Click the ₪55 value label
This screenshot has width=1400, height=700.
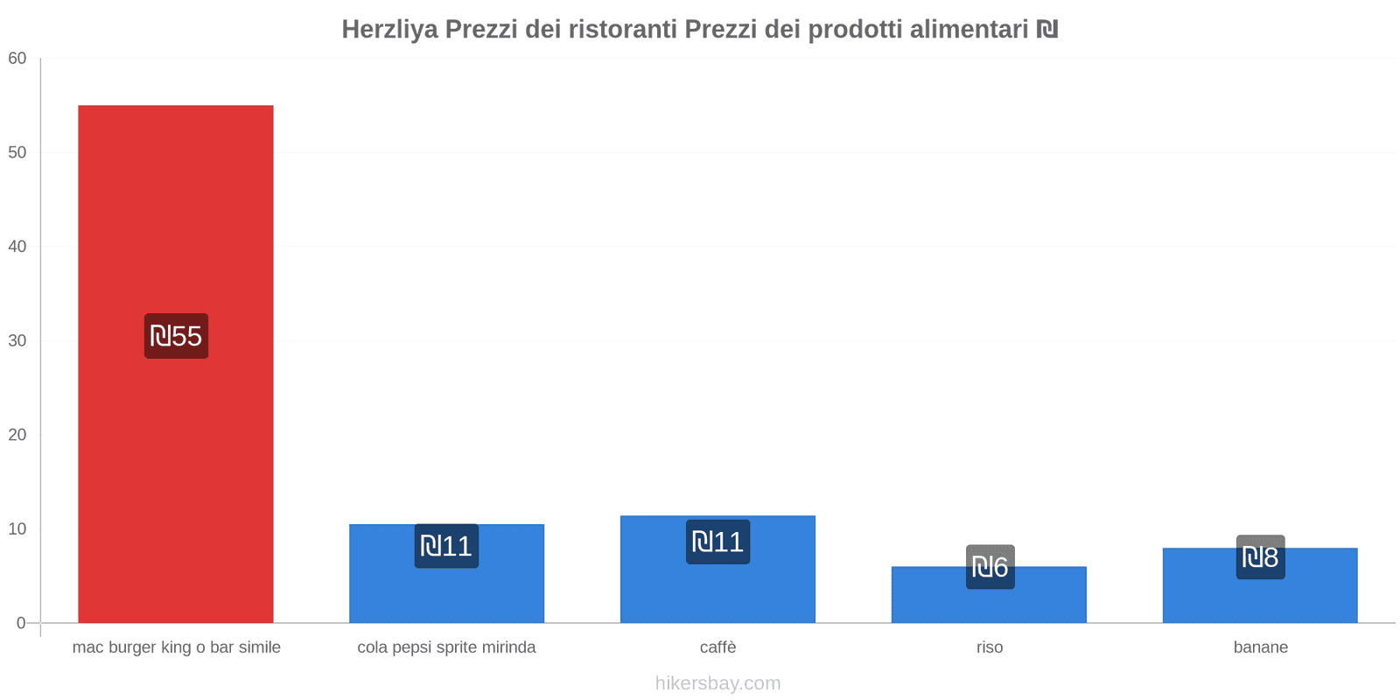tap(176, 336)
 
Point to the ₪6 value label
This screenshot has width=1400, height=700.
tap(990, 567)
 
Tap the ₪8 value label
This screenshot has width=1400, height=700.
tap(1260, 556)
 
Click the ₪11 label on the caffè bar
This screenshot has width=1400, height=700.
tap(717, 542)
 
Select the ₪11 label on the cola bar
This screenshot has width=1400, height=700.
tap(446, 546)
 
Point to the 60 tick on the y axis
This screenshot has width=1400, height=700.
tap(17, 59)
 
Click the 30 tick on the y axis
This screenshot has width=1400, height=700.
tap(17, 341)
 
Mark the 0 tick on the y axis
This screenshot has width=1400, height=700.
tap(21, 623)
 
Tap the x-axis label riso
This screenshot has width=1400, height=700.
tap(990, 647)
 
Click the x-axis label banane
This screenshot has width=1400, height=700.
tap(1260, 647)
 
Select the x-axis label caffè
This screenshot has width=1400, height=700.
tap(717, 647)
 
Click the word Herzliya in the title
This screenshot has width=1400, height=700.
tap(389, 30)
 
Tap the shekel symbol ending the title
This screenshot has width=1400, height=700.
tap(1047, 30)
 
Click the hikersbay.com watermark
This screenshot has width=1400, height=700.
tap(717, 683)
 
